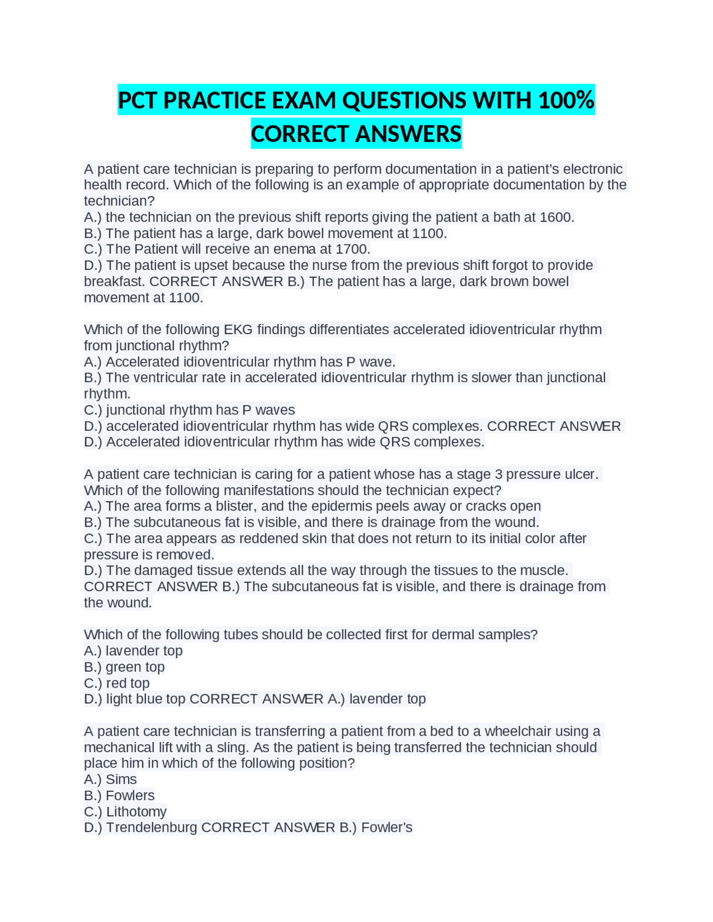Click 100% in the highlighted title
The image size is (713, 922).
(x=566, y=101)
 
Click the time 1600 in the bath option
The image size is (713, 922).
(x=556, y=217)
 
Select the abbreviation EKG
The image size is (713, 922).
(x=238, y=330)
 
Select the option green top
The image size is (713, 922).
(x=135, y=667)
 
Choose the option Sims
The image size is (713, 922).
(x=121, y=779)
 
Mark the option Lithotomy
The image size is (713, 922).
(x=136, y=812)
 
